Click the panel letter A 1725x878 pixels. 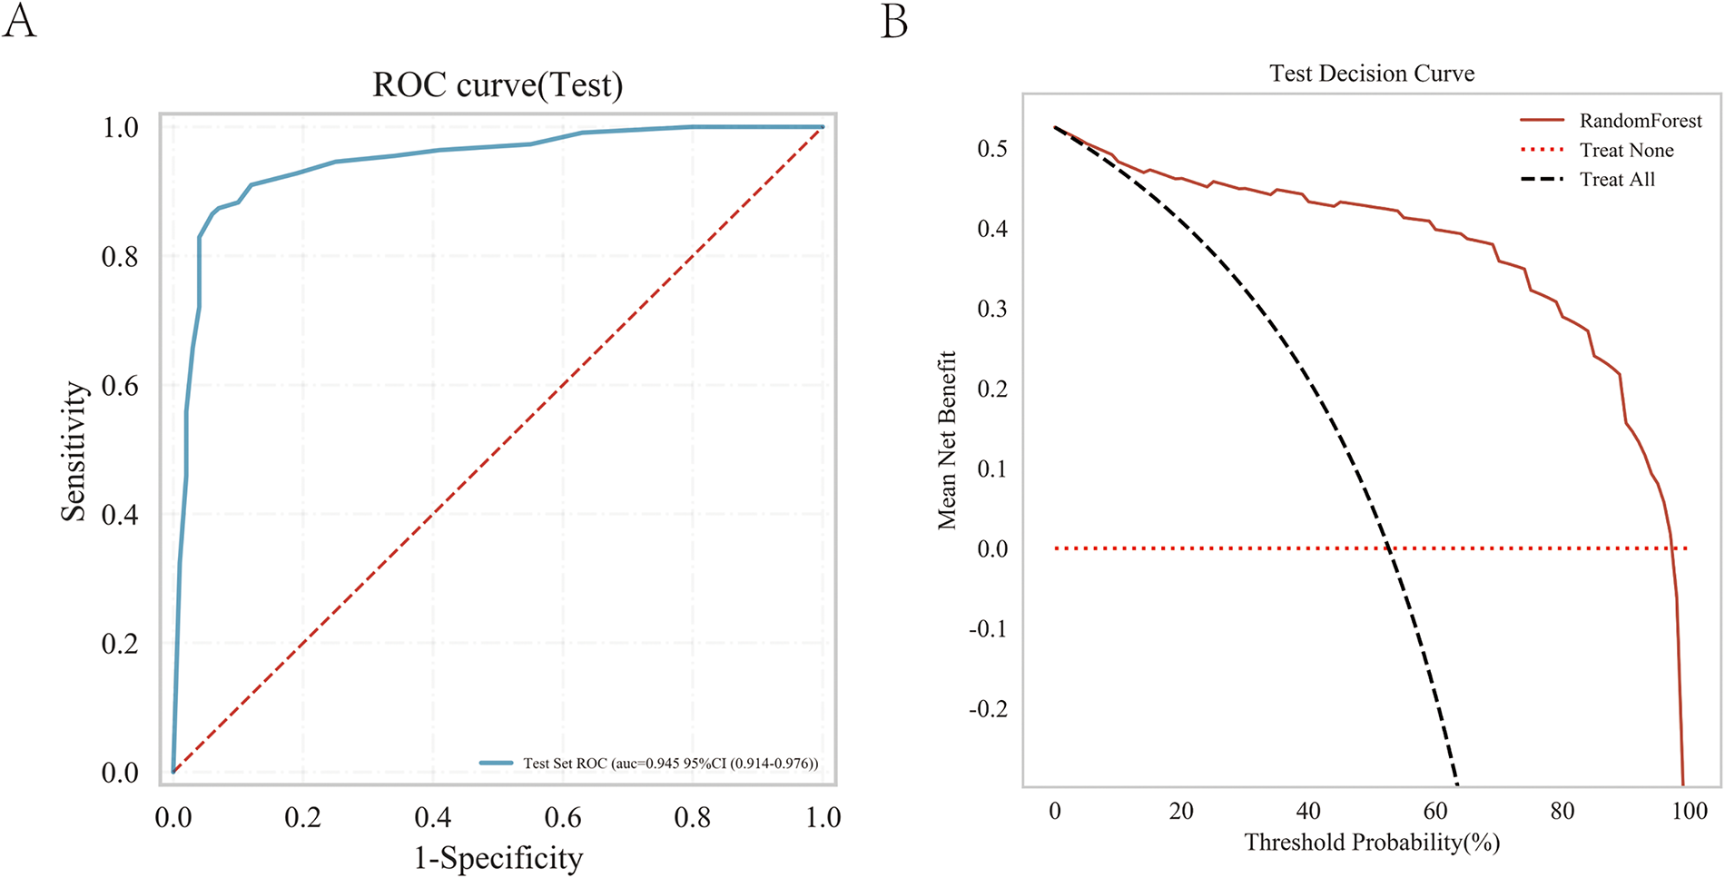(x=19, y=20)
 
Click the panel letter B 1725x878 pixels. (x=893, y=20)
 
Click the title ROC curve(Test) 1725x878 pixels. (x=498, y=85)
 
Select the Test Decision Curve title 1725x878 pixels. (x=1371, y=74)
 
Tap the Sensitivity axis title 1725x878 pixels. (x=74, y=451)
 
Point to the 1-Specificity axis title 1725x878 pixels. (x=498, y=857)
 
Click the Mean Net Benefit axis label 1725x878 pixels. (x=947, y=440)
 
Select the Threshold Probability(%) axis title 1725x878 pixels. (x=1371, y=842)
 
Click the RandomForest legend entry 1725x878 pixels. (x=1640, y=121)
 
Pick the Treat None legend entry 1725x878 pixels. (x=1626, y=150)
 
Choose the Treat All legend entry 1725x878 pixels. (x=1617, y=179)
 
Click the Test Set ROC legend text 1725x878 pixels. (x=670, y=764)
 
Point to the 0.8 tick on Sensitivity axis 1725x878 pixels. (x=120, y=257)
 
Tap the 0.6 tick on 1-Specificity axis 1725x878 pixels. (x=563, y=817)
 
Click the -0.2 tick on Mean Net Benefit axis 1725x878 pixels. (x=988, y=709)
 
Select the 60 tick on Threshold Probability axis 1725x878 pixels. (x=1435, y=811)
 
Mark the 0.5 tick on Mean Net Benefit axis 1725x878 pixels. (x=992, y=148)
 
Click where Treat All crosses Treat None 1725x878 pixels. (x=1389, y=548)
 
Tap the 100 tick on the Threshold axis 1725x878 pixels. (x=1689, y=811)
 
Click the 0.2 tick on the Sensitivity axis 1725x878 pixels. (x=120, y=644)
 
